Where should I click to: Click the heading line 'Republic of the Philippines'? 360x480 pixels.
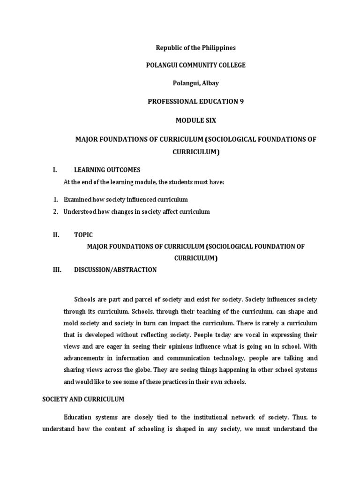coord(195,48)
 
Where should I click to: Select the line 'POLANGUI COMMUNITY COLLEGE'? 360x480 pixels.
coord(195,65)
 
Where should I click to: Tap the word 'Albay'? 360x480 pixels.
coord(209,83)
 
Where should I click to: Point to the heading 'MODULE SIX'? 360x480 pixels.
coord(195,120)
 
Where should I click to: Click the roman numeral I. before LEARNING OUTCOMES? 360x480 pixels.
coord(55,170)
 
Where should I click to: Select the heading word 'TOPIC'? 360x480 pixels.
coord(83,235)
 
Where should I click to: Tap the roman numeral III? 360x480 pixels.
coord(57,270)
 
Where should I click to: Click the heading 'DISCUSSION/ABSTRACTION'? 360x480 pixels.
coord(115,270)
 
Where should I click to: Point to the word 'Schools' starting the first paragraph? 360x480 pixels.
coord(85,299)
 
